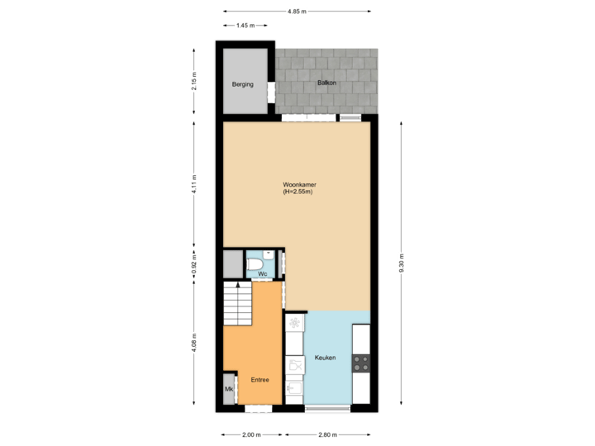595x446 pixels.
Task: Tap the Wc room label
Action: [x=262, y=273]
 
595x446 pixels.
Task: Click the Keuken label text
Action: [x=325, y=358]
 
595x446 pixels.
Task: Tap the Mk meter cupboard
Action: [x=228, y=388]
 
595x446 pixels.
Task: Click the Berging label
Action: [x=243, y=84]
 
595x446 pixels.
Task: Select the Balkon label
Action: [x=326, y=83]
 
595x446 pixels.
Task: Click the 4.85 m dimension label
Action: [x=297, y=12]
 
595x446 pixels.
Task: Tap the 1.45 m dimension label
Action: [x=245, y=26]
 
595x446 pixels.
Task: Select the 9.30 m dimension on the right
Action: [x=402, y=262]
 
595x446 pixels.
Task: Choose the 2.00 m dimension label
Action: [x=250, y=434]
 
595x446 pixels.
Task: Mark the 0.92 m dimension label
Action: [x=193, y=265]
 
